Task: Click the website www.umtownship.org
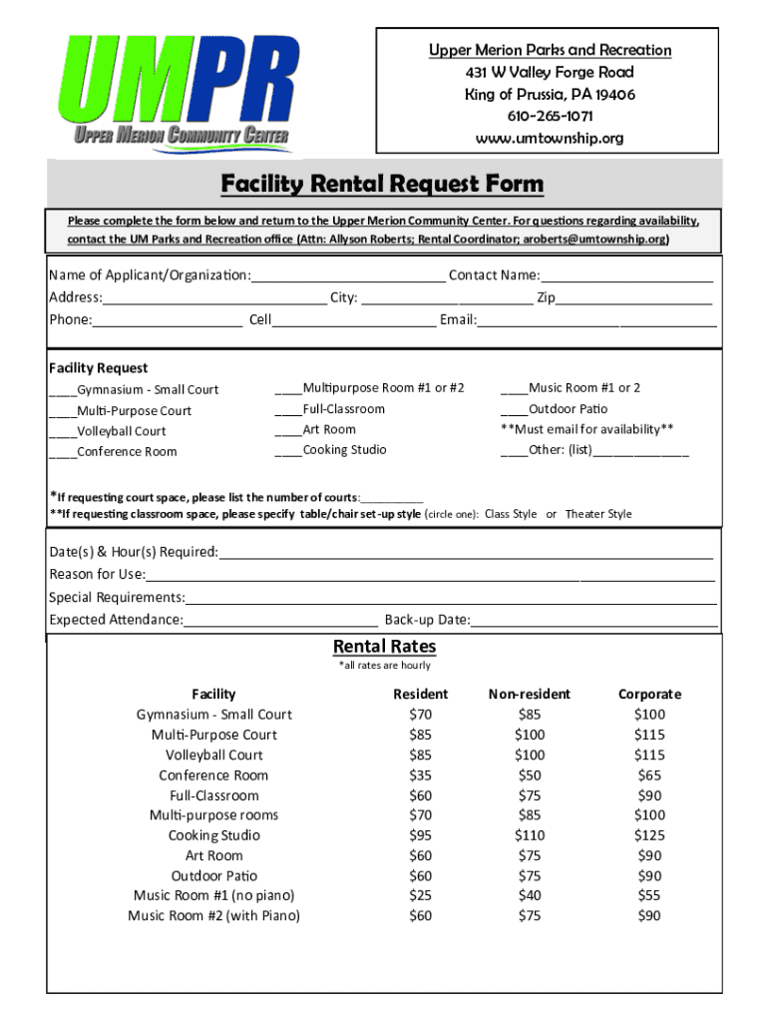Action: pyautogui.click(x=550, y=138)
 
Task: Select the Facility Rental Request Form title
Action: pyautogui.click(x=383, y=184)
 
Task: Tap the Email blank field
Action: pyautogui.click(x=596, y=320)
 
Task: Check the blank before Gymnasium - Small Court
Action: pyautogui.click(x=63, y=390)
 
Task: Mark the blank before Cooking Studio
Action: pyautogui.click(x=288, y=451)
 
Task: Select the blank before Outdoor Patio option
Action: pyautogui.click(x=514, y=410)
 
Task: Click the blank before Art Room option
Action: pyautogui.click(x=288, y=431)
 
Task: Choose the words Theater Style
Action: pyautogui.click(x=598, y=514)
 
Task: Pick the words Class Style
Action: pyautogui.click(x=511, y=514)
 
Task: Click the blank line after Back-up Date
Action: pyautogui.click(x=593, y=621)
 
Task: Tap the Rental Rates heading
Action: pyautogui.click(x=384, y=647)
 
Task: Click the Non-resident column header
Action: pyautogui.click(x=530, y=694)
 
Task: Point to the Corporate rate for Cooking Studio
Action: pyautogui.click(x=649, y=835)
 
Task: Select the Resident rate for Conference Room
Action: pyautogui.click(x=421, y=775)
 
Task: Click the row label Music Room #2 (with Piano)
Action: pyautogui.click(x=213, y=916)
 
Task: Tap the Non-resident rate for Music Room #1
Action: pyautogui.click(x=530, y=896)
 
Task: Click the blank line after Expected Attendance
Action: pyautogui.click(x=280, y=621)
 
